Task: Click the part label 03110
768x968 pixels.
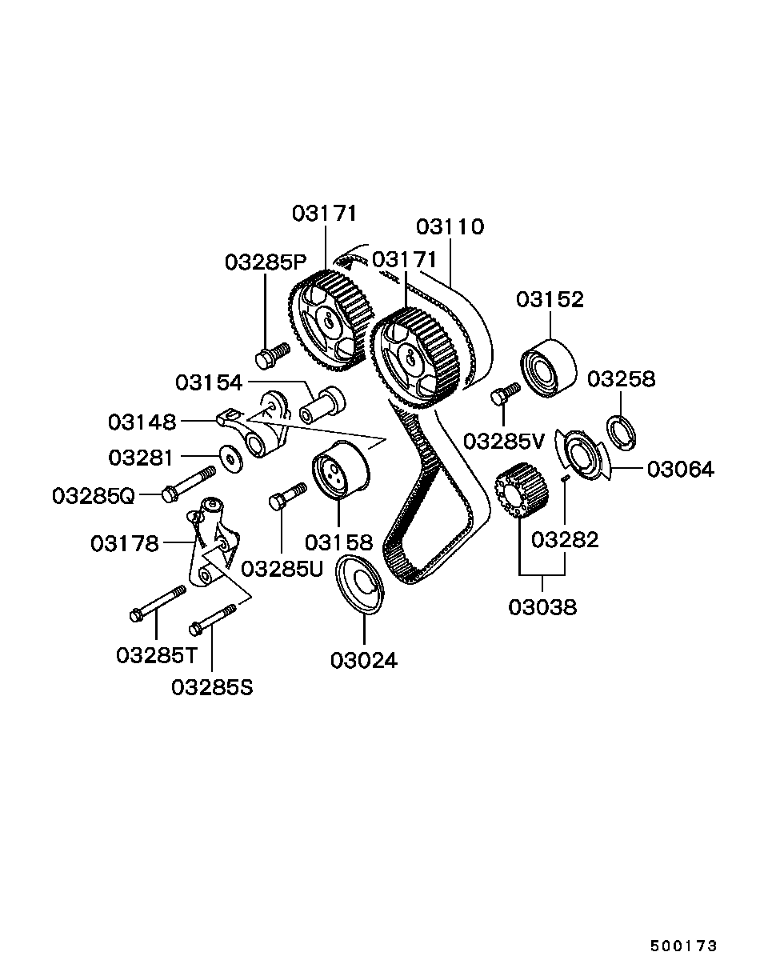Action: [x=450, y=227]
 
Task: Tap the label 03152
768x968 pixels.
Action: [x=550, y=299]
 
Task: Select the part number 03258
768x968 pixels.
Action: [x=621, y=378]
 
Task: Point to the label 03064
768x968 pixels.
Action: [x=680, y=469]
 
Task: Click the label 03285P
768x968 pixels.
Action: [x=266, y=262]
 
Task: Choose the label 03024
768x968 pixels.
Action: [x=364, y=661]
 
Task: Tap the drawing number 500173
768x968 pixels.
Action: [x=683, y=946]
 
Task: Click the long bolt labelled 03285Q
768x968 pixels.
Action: [x=189, y=484]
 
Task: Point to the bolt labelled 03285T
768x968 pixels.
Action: [x=158, y=604]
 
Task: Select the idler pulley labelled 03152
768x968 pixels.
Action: [x=548, y=368]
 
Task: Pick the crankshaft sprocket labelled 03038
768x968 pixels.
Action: [x=518, y=494]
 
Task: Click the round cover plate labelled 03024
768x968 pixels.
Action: [x=360, y=585]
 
